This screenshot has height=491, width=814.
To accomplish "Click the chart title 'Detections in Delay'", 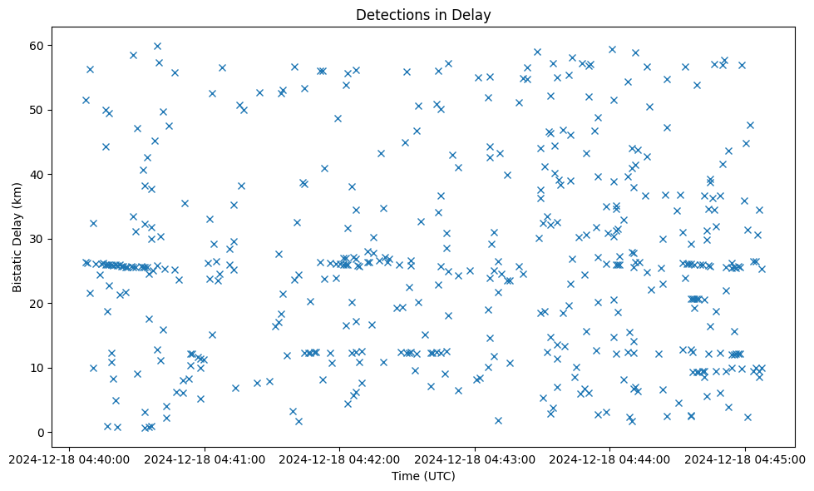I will point(423,14).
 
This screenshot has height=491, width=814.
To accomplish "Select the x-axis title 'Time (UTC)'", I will point(423,477).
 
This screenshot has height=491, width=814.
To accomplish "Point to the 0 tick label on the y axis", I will point(39,433).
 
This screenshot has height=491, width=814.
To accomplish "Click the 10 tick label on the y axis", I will point(36,368).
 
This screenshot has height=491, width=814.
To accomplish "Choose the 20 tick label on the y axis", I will point(36,304).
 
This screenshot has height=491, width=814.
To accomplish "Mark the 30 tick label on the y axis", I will point(36,239).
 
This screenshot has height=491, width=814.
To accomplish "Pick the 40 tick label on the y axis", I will point(36,175).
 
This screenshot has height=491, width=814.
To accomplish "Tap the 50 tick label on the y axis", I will point(36,110).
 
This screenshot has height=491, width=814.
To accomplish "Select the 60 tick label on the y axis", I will point(36,45).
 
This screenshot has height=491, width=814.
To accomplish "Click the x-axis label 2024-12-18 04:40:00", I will point(70,459).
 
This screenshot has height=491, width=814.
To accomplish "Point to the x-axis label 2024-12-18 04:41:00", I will point(205,459).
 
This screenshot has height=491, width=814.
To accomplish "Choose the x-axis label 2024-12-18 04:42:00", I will point(340,459).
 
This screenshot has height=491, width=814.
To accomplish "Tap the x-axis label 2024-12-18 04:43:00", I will point(475,459).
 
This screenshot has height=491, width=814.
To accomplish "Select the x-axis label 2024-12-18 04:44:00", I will point(610,459).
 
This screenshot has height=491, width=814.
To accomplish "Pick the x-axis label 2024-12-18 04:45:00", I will point(745,459).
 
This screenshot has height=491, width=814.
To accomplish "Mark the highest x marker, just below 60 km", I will point(157,46).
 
